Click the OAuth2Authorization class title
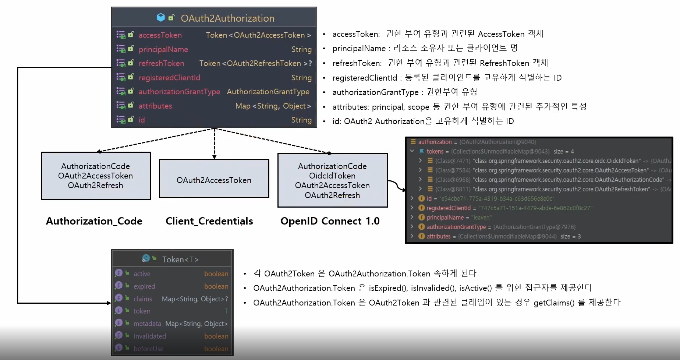click(227, 18)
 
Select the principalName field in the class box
click(163, 49)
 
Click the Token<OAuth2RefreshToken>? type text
click(255, 63)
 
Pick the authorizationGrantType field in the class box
click(179, 92)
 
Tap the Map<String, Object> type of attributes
click(273, 106)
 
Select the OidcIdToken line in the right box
click(332, 176)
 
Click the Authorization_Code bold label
click(94, 221)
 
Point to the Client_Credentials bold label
click(209, 221)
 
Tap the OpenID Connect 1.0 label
click(330, 221)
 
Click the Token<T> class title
click(180, 260)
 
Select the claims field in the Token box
click(143, 299)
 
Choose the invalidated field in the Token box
click(149, 336)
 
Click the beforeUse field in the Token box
click(148, 349)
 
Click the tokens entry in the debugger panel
click(435, 151)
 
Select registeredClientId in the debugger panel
click(449, 208)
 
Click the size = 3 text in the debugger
click(570, 236)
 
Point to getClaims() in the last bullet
click(554, 303)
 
